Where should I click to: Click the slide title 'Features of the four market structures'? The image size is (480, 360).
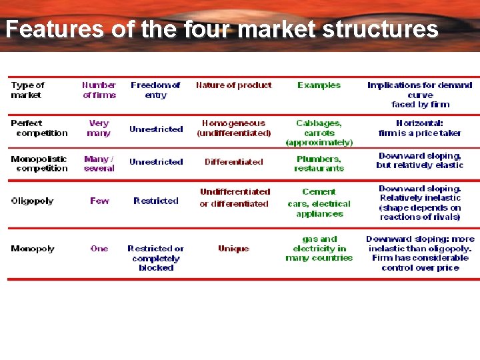pyautogui.click(x=222, y=29)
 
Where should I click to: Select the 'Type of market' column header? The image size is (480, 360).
pyautogui.click(x=27, y=90)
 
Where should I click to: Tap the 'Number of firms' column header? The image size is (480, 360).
pyautogui.click(x=99, y=90)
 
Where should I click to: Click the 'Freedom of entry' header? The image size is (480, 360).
pyautogui.click(x=155, y=90)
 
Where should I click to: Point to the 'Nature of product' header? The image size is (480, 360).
pyautogui.click(x=233, y=85)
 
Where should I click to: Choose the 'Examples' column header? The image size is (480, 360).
pyautogui.click(x=319, y=85)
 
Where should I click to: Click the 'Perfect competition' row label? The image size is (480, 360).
pyautogui.click(x=39, y=128)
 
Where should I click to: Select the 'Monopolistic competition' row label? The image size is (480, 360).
pyautogui.click(x=39, y=164)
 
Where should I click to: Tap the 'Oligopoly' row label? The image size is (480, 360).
pyautogui.click(x=32, y=201)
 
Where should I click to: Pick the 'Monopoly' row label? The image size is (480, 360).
pyautogui.click(x=32, y=249)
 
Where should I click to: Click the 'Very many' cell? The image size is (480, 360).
pyautogui.click(x=99, y=128)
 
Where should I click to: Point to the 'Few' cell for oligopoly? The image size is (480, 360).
pyautogui.click(x=99, y=201)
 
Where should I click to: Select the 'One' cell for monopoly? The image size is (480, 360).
pyautogui.click(x=99, y=249)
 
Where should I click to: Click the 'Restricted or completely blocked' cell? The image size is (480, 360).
pyautogui.click(x=155, y=258)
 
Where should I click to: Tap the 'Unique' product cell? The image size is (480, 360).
pyautogui.click(x=233, y=249)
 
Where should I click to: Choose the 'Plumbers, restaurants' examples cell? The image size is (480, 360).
pyautogui.click(x=319, y=164)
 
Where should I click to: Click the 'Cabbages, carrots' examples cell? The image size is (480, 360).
pyautogui.click(x=319, y=132)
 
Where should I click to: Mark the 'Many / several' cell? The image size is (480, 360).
pyautogui.click(x=99, y=164)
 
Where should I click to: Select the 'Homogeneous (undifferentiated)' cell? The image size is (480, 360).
pyautogui.click(x=233, y=128)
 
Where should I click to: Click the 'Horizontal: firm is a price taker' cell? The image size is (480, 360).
pyautogui.click(x=419, y=128)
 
